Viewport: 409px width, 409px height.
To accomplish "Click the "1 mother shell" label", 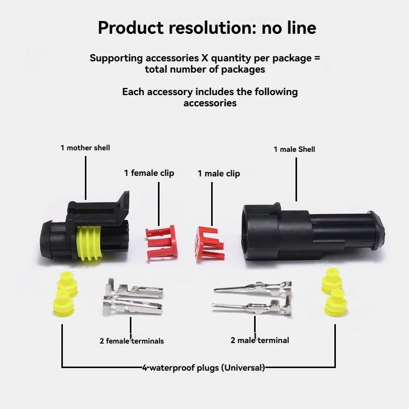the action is [85, 148].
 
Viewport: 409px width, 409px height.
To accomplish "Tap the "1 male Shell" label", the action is [294, 149].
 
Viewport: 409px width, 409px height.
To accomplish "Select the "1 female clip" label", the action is [149, 173].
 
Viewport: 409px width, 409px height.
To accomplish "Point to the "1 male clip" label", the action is [219, 173].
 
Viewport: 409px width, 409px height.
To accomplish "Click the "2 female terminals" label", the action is [132, 341].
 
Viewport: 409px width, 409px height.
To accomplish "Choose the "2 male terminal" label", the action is [260, 340].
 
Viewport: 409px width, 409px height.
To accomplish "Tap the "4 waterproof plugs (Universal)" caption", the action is [203, 368].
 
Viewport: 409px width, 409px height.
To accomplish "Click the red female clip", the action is [162, 242].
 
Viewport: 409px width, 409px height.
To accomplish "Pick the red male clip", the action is [209, 243].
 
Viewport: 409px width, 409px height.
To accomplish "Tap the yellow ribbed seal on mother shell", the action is [88, 243].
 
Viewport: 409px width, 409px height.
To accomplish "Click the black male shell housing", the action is [312, 235].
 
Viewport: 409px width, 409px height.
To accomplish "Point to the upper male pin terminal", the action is [253, 287].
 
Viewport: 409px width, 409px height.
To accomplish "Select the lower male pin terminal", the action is [252, 308].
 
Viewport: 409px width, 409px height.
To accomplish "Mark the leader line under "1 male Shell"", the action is [296, 179].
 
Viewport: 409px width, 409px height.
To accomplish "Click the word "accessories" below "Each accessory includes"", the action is [210, 103].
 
